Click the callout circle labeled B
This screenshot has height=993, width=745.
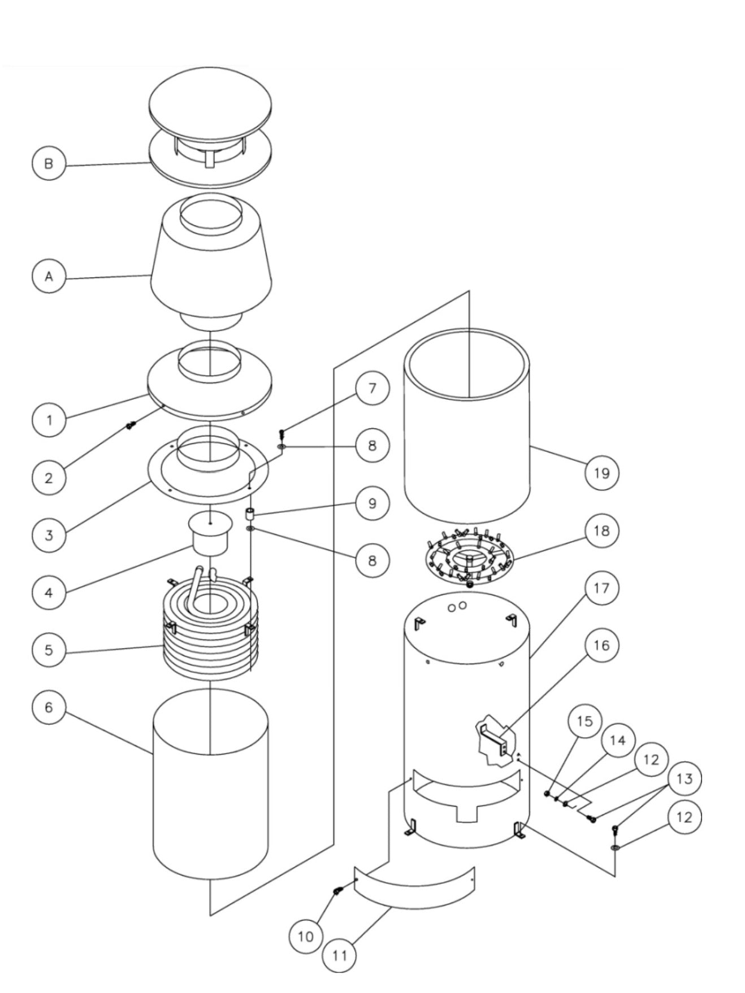coord(49,164)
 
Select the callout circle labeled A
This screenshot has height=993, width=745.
coord(49,276)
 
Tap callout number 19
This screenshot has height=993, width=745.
coord(602,472)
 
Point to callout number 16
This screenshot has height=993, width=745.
coord(602,645)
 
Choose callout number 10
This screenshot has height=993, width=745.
coord(305,936)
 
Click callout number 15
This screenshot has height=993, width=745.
coord(585,721)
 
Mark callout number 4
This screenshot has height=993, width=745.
coord(49,593)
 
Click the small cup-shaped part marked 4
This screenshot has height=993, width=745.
coord(210,534)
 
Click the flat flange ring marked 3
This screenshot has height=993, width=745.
coord(170,474)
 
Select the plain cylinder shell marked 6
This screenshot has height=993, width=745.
coord(210,791)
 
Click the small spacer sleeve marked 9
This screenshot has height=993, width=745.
coord(249,515)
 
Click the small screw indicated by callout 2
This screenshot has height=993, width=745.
coord(129,425)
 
